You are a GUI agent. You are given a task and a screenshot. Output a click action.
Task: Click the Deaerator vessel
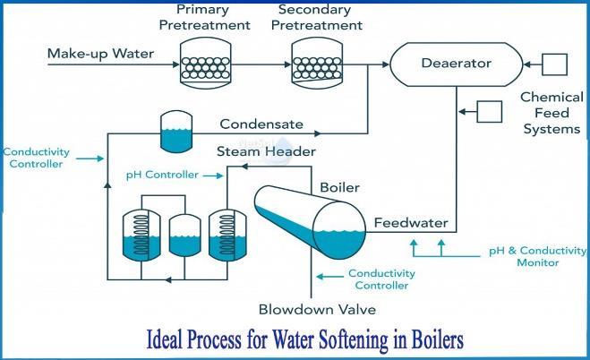456,64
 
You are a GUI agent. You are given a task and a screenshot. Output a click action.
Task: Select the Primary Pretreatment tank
205,63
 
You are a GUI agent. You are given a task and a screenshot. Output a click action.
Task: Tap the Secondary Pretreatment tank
317,63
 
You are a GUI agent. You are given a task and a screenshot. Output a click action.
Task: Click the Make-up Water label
100,54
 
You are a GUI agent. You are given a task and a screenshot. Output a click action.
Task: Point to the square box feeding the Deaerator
554,64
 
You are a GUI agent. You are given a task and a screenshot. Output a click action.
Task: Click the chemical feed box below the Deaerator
489,112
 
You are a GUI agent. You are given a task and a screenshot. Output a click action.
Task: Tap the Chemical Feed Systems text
552,113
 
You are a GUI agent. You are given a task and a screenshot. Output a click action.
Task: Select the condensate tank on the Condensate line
176,132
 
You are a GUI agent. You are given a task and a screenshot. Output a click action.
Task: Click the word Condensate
261,124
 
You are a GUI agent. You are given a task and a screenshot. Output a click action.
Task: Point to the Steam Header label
266,151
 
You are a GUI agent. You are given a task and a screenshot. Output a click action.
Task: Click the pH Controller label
162,175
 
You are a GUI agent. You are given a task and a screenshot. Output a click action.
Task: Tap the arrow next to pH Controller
213,176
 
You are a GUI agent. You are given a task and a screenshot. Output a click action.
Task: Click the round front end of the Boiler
339,230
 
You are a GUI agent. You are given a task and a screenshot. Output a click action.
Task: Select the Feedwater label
411,223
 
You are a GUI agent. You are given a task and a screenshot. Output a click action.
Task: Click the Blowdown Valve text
317,310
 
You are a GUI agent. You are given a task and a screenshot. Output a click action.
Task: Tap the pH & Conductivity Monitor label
538,256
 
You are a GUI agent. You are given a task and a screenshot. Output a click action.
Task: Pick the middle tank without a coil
184,236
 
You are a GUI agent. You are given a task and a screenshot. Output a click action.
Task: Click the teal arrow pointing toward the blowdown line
330,277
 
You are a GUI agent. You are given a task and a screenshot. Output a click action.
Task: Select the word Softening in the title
353,339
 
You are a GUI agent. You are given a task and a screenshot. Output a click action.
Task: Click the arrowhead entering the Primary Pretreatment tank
176,64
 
